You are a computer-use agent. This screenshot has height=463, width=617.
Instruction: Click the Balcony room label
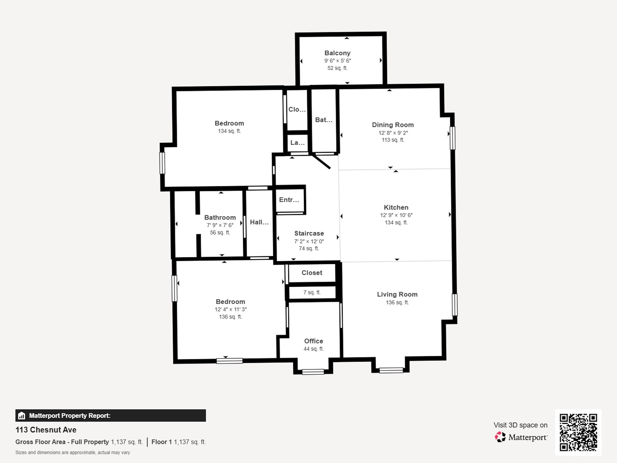[x=337, y=53]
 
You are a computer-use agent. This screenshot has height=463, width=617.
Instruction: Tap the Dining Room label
[x=393, y=125]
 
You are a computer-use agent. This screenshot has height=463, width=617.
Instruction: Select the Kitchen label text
[x=396, y=208]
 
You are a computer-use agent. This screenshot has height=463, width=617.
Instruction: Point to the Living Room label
[x=397, y=294]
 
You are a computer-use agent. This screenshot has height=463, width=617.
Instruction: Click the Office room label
[x=314, y=341]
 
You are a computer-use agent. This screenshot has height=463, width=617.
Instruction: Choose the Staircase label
[x=309, y=233]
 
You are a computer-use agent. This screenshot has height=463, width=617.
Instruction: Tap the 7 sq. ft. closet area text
[x=312, y=292]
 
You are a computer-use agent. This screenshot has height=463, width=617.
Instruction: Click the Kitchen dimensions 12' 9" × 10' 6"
[x=396, y=215]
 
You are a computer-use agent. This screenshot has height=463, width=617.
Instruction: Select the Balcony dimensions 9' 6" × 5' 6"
[x=337, y=61]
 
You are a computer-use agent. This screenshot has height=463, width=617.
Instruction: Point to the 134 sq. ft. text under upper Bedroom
[x=229, y=131]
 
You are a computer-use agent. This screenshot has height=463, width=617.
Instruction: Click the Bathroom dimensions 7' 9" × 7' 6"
[x=220, y=225]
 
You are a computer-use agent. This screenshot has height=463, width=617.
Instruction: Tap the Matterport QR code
[x=578, y=432]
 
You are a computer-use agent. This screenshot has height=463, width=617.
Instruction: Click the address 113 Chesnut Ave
[x=46, y=430]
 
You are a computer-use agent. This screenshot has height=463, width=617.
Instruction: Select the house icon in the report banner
[x=21, y=416]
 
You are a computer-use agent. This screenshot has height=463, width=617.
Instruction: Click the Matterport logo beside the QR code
[x=521, y=437]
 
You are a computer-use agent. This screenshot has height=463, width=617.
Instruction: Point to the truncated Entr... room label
[x=289, y=200]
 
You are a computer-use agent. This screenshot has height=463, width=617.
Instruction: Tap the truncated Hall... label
[x=259, y=222]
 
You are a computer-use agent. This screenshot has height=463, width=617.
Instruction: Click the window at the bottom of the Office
[x=313, y=372]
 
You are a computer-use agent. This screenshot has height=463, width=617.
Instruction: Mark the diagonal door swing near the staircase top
[x=322, y=162]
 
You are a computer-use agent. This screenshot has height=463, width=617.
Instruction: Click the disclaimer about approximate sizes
[x=73, y=452]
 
